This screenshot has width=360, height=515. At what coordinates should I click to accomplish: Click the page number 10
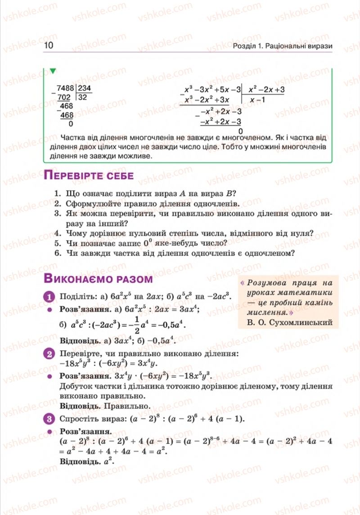click(49, 46)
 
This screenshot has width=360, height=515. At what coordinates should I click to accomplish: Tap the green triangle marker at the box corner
click(53, 71)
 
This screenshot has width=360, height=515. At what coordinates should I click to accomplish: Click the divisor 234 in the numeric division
click(84, 89)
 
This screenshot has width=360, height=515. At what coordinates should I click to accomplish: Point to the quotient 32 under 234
click(82, 97)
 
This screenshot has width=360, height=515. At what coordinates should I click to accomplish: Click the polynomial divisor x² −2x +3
click(266, 90)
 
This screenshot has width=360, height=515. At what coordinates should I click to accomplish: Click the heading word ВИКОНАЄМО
click(79, 279)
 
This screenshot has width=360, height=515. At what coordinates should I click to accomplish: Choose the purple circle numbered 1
click(49, 296)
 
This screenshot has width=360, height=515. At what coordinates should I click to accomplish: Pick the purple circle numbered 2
click(49, 354)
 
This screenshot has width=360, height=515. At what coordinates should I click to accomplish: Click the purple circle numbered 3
click(49, 420)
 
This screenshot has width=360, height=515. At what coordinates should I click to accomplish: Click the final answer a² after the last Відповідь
click(108, 461)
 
